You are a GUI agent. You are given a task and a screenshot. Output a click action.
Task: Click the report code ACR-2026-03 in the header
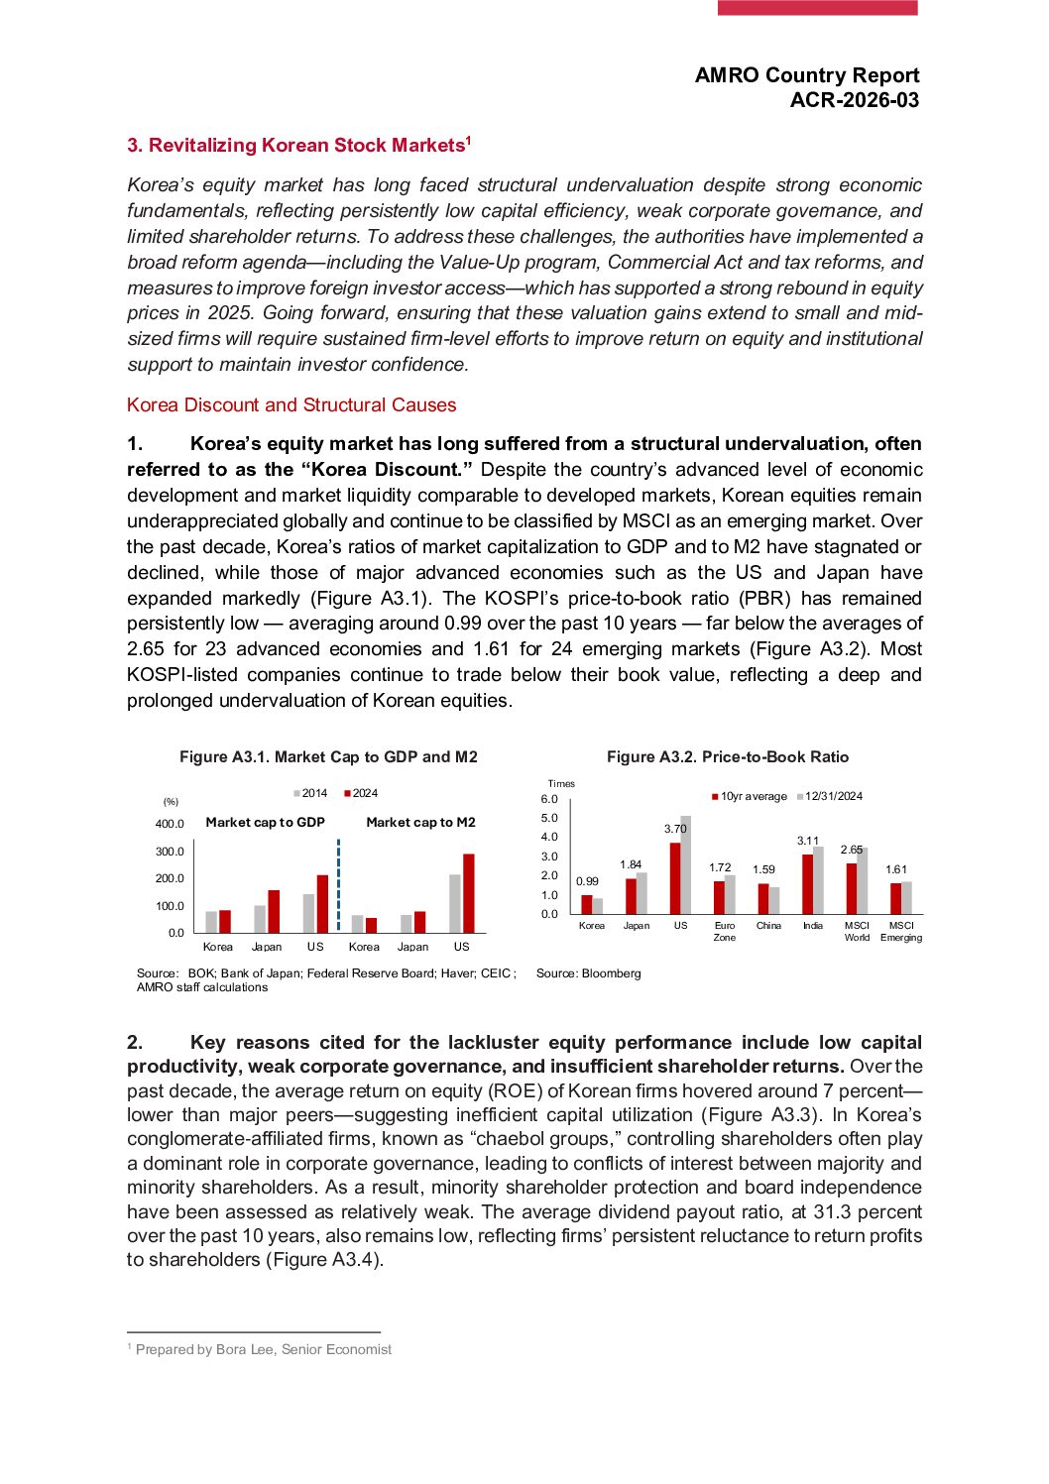(854, 100)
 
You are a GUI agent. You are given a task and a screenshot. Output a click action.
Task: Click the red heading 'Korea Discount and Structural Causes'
(291, 404)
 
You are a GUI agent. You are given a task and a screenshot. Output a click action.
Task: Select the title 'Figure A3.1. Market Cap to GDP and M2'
(328, 757)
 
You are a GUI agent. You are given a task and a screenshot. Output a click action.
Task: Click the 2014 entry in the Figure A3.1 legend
(310, 793)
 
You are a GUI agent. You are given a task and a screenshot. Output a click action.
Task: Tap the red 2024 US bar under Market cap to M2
(469, 893)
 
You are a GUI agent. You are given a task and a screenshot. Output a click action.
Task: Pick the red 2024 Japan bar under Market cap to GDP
(274, 911)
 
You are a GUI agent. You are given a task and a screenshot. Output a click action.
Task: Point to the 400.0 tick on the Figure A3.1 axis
(170, 824)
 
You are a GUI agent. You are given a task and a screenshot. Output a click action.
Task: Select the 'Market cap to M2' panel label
(420, 822)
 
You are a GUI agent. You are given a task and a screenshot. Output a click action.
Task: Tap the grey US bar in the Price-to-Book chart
(686, 864)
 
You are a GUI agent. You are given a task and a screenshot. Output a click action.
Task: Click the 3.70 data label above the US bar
(675, 829)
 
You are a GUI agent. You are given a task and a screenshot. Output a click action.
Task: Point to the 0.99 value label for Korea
(587, 881)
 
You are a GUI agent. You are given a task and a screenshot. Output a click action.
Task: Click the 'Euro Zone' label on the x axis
(725, 931)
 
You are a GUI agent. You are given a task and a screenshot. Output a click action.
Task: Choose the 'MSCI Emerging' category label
(901, 931)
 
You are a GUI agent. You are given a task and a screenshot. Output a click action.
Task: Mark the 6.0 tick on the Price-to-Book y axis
(549, 799)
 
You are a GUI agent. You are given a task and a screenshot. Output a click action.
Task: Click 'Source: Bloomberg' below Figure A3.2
(588, 973)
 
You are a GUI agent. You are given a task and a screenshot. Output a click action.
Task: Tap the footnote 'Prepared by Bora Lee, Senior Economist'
(263, 1349)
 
